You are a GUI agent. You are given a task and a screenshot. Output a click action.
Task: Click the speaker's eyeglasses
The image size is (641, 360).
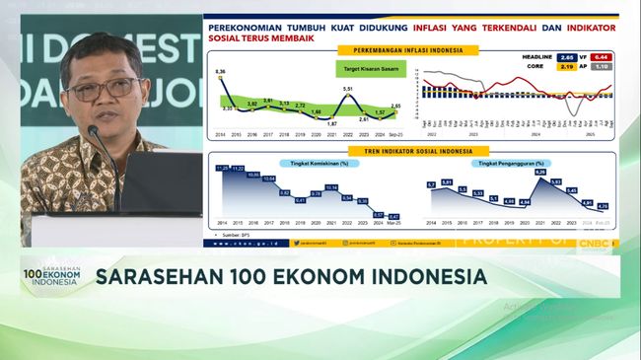(x=103, y=89)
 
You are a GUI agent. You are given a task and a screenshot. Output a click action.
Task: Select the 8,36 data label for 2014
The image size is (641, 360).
(x=220, y=72)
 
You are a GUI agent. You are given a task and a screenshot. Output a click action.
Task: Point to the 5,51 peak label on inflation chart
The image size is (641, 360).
(x=347, y=90)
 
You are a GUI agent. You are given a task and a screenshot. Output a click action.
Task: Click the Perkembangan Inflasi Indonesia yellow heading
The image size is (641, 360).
(x=407, y=49)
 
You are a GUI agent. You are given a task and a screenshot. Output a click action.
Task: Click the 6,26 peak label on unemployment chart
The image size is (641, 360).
(x=540, y=173)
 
